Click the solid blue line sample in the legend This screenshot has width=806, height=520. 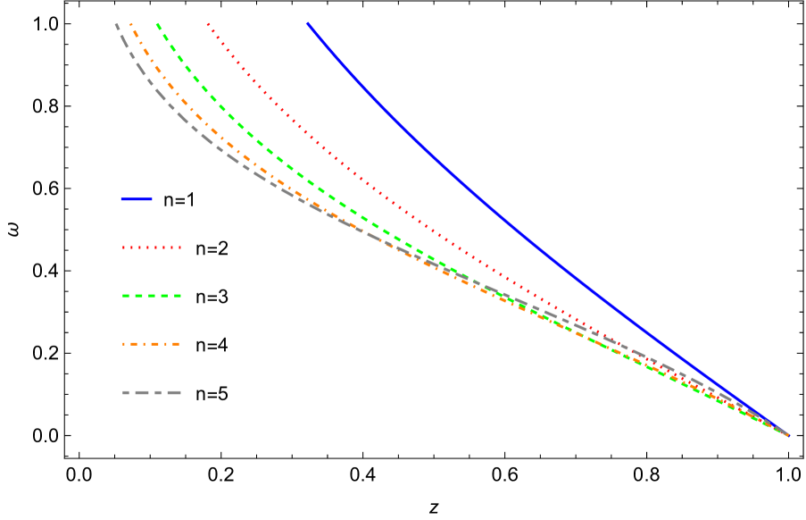[x=137, y=199]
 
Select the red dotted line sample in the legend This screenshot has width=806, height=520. [x=152, y=247]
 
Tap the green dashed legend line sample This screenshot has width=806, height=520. [x=152, y=296]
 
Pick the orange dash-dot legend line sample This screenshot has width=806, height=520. [x=152, y=344]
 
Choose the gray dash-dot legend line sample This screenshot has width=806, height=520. [x=152, y=392]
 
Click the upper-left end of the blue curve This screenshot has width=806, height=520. [x=307, y=23]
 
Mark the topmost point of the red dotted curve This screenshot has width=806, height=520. [x=208, y=24]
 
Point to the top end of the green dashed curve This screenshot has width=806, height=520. [x=157, y=24]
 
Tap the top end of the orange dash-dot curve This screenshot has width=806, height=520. [x=131, y=24]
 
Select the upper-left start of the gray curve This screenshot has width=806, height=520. [x=116, y=25]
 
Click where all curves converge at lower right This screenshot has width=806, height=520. [x=787, y=434]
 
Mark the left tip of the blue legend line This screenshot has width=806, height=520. [x=122, y=199]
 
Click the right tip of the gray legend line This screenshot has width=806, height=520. [x=180, y=392]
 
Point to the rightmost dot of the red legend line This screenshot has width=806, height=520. [x=179, y=247]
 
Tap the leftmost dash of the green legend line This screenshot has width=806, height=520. [x=126, y=296]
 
